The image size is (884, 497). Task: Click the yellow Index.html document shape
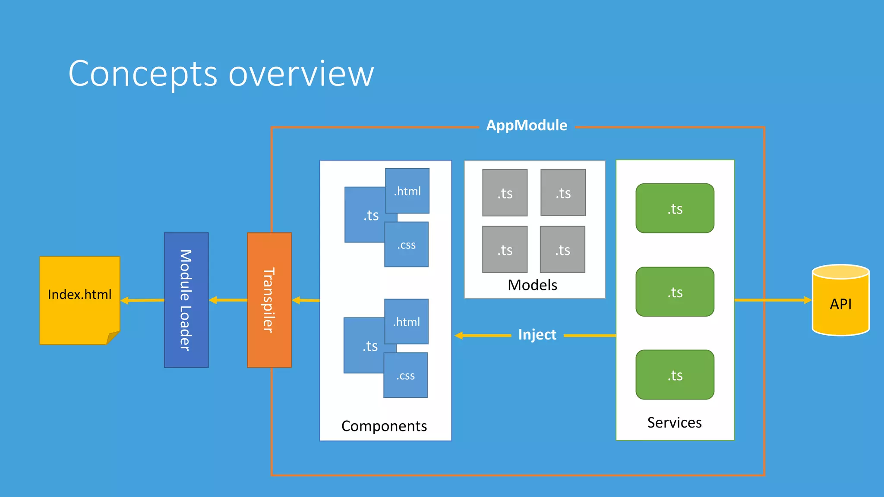(x=79, y=300)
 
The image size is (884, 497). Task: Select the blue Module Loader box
(x=186, y=300)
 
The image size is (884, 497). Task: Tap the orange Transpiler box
(x=269, y=300)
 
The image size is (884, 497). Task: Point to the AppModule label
(x=527, y=126)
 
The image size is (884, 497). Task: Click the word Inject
(x=537, y=335)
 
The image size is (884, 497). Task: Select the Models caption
(x=532, y=285)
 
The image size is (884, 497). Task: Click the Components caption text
(x=384, y=426)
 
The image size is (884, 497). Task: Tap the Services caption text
(x=674, y=422)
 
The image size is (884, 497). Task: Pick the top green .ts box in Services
(x=675, y=208)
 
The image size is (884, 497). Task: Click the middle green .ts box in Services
(x=675, y=292)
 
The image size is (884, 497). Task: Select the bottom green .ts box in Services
(x=675, y=375)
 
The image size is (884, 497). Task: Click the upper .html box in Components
(x=407, y=191)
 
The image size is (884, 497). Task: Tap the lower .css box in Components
(x=405, y=375)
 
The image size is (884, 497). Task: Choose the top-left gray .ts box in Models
(x=505, y=193)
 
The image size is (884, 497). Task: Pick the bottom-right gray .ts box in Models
(x=562, y=250)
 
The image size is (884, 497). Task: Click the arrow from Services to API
(x=773, y=300)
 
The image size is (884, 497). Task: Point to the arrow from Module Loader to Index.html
(x=142, y=300)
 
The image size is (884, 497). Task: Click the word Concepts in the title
(x=142, y=74)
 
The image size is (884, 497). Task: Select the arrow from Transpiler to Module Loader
(x=228, y=300)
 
